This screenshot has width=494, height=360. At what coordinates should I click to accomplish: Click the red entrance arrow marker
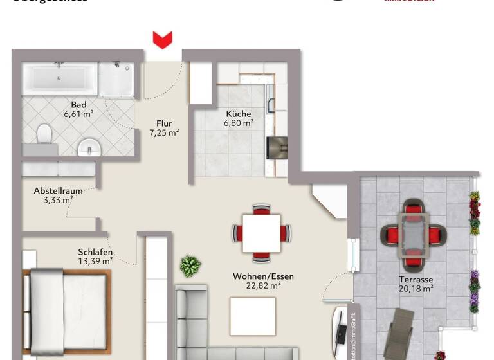[162, 40]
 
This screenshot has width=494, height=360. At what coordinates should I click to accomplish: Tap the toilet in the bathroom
[44, 134]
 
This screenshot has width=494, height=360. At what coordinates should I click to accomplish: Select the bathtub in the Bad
[60, 78]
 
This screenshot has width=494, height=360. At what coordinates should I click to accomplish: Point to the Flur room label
[164, 123]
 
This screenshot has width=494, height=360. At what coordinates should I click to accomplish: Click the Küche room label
[238, 113]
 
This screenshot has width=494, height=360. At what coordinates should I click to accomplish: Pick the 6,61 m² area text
[79, 114]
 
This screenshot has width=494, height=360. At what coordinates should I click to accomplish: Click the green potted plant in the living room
[190, 265]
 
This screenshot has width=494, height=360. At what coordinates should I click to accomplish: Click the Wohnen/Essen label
[263, 276]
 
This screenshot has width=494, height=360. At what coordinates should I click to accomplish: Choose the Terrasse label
[415, 280]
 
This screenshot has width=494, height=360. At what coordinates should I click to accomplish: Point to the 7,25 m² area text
[164, 133]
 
